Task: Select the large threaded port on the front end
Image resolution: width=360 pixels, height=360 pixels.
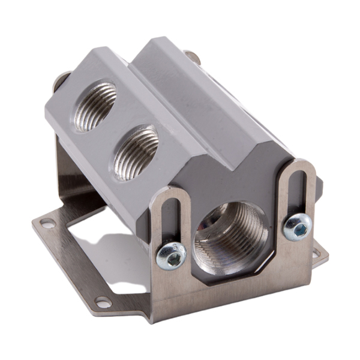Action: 231,237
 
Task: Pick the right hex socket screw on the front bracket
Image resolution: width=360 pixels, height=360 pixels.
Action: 298,227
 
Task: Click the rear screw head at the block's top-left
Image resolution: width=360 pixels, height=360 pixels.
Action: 62,79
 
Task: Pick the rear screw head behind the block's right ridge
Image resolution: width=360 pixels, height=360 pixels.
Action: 192,57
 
